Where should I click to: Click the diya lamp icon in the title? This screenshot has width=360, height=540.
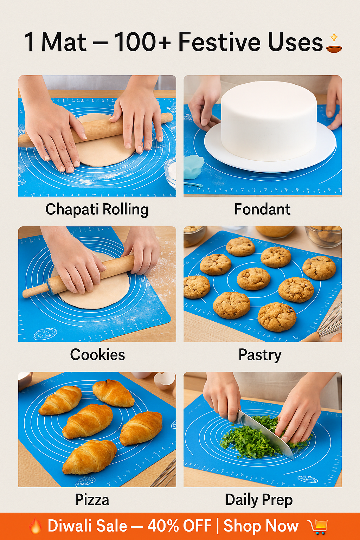[x=334, y=44]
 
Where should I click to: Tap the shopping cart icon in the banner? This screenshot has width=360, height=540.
[x=319, y=527]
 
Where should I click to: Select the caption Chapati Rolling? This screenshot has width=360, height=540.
[x=97, y=210]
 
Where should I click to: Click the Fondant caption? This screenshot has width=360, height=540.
[x=262, y=210]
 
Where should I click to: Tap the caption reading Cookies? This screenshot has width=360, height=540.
[x=97, y=355]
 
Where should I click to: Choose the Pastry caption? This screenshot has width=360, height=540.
[x=260, y=355]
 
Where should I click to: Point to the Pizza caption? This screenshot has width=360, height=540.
[x=92, y=500]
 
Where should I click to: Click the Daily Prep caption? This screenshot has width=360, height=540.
[x=259, y=500]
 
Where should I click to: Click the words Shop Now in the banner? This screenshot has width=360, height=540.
[x=261, y=526]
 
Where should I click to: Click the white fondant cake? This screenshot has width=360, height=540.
[x=269, y=120]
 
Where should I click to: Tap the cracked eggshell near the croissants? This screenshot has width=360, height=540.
[x=165, y=380]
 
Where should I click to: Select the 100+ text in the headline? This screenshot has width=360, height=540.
[x=142, y=43]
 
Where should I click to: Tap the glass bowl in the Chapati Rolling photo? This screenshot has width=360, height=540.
[x=171, y=172]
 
